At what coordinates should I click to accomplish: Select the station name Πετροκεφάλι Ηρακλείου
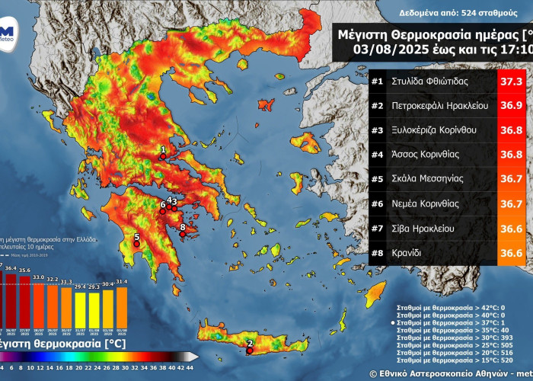(440, 105)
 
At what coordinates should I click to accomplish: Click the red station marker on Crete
(250, 351)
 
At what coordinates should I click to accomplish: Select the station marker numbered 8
(182, 226)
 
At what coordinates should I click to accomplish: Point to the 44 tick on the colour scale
(189, 367)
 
